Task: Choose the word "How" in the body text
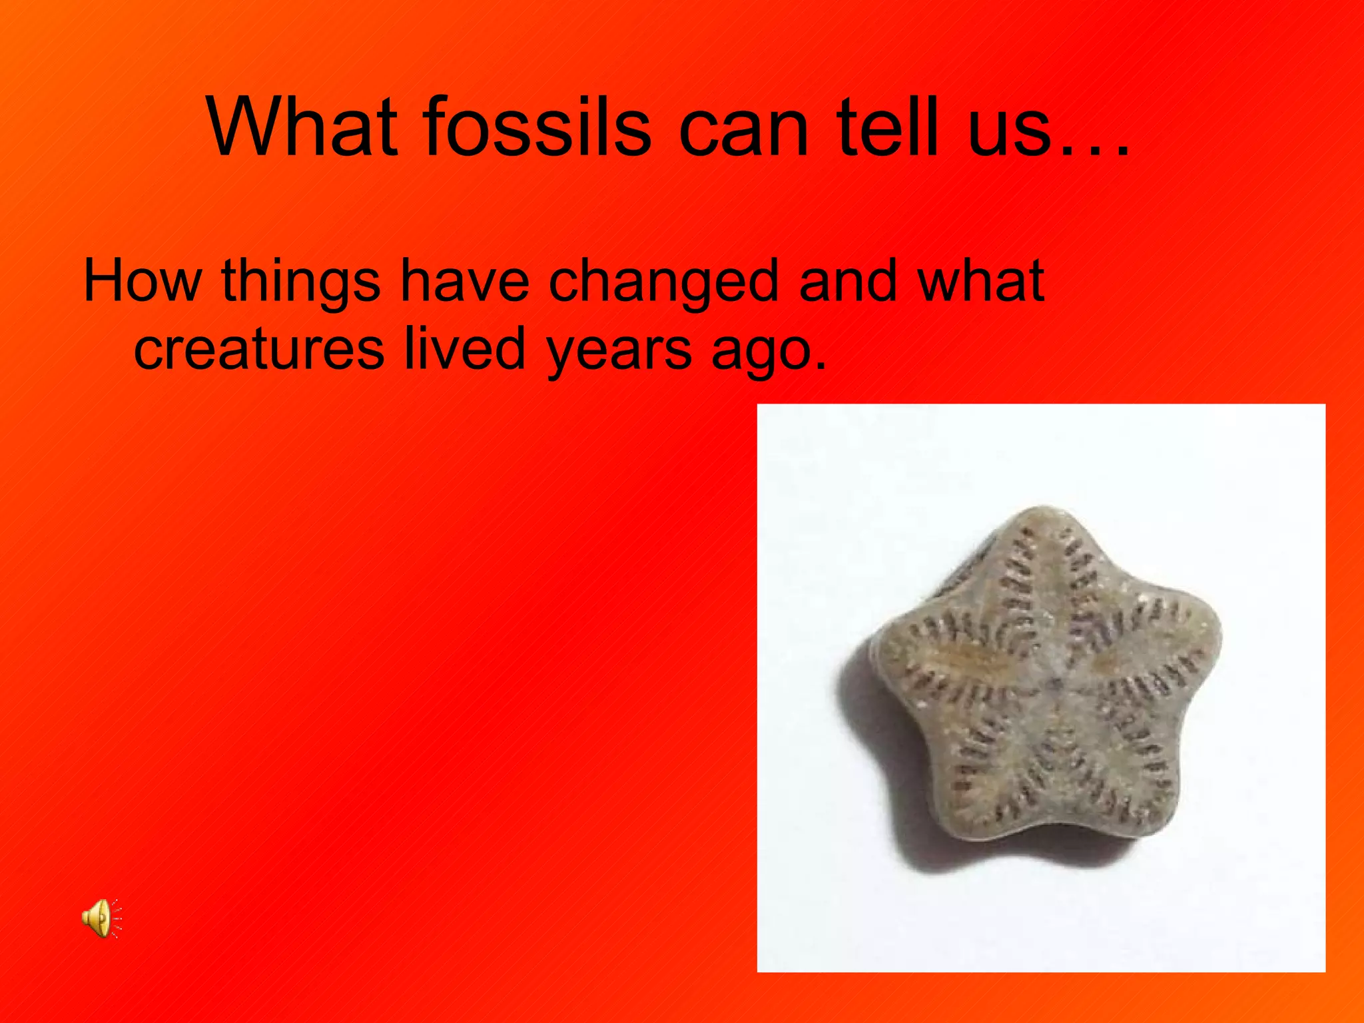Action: coord(142,281)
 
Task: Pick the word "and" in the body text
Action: coord(847,281)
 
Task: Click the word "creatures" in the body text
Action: coord(258,349)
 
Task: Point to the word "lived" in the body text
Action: coord(465,348)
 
